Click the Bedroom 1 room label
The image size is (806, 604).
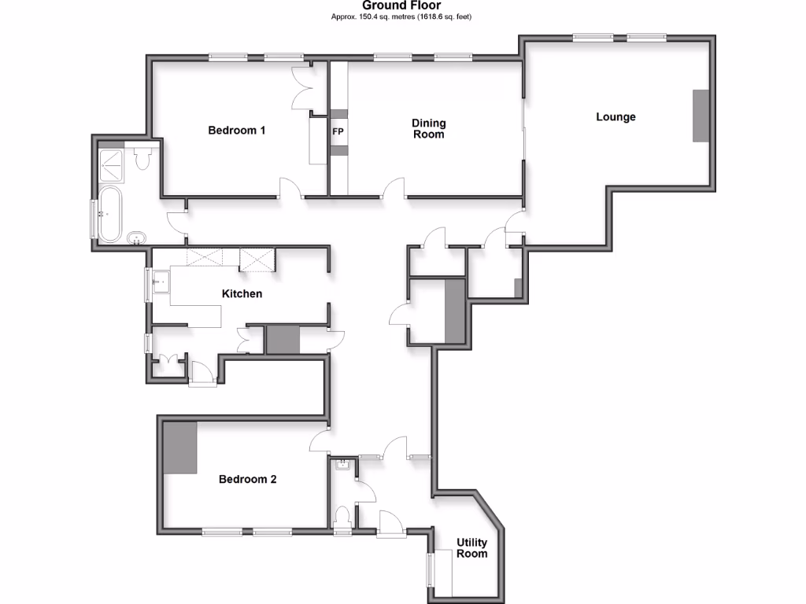[x=236, y=130]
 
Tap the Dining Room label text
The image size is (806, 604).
[x=429, y=128]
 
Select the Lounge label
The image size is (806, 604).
[x=616, y=117]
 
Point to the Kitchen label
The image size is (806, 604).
[x=242, y=293]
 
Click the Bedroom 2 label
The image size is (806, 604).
[x=247, y=479]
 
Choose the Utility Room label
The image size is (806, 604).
[x=472, y=548]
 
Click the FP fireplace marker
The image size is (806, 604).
[x=338, y=131]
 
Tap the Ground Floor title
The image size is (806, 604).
[x=402, y=5]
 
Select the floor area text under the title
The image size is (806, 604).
[x=402, y=16]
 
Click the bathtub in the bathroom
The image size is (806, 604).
[x=109, y=214]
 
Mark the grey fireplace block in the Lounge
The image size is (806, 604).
[x=701, y=116]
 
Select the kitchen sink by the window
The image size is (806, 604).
[x=162, y=281]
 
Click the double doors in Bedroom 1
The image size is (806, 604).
[x=302, y=90]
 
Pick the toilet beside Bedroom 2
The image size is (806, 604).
[x=342, y=519]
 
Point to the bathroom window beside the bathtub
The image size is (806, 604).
[x=94, y=219]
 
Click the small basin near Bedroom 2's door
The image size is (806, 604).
[x=342, y=465]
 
